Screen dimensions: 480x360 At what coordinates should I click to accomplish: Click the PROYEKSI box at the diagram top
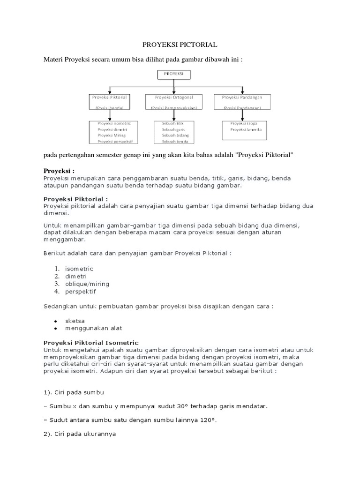click(174, 74)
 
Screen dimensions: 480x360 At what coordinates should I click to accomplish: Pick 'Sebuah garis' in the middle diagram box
click(172, 129)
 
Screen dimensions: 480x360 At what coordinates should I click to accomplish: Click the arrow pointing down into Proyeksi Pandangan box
click(242, 90)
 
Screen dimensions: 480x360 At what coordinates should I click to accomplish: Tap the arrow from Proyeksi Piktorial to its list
click(110, 116)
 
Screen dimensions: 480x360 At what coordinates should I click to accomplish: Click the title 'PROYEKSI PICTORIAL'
click(180, 45)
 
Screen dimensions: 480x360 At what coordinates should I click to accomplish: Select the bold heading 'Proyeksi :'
click(59, 171)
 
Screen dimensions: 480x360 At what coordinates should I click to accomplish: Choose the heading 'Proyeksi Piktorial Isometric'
click(91, 343)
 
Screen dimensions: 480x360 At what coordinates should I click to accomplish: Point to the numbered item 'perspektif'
click(80, 291)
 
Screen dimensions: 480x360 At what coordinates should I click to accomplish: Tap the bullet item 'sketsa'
click(75, 321)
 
